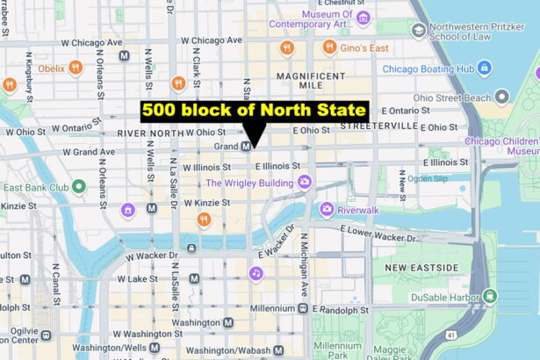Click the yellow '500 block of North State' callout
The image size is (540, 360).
[x=254, y=111]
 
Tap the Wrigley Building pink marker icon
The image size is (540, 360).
[x=305, y=182]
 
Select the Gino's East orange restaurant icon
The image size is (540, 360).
[x=329, y=47]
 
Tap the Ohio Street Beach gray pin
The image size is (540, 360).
[x=501, y=97]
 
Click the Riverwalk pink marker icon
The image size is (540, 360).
[x=327, y=209]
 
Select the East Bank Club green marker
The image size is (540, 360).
[x=79, y=186]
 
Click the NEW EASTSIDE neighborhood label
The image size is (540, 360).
[x=421, y=267]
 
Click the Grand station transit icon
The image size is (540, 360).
[x=247, y=147]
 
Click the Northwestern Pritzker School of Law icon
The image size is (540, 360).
[x=419, y=31]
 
